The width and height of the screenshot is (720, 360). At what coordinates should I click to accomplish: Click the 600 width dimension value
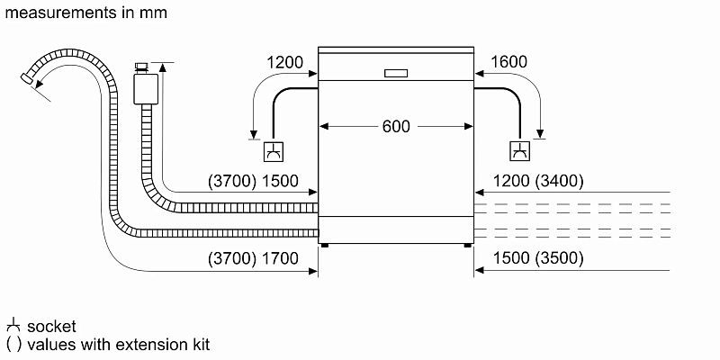click(x=396, y=127)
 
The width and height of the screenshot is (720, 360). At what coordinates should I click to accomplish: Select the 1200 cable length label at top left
click(x=285, y=62)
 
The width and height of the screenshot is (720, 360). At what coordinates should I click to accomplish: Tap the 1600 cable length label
click(x=509, y=62)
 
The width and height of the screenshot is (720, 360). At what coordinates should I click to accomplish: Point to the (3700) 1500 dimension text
click(x=253, y=181)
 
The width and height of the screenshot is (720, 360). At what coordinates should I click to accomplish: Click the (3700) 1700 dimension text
click(x=253, y=259)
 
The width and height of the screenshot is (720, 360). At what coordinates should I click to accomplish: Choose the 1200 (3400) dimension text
click(x=538, y=181)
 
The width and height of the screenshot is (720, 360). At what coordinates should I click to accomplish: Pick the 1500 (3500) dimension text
click(x=538, y=259)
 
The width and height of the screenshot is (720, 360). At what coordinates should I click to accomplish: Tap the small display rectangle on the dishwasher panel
click(x=396, y=74)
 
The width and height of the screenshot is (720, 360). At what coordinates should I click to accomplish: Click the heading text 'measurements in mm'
click(x=85, y=13)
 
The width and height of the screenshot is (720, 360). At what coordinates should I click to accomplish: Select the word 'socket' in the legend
click(x=51, y=326)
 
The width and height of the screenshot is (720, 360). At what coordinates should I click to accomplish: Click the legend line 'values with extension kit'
click(x=117, y=344)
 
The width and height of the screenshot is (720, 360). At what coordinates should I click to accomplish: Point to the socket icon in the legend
click(x=13, y=325)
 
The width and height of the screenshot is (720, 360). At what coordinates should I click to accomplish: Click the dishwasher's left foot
click(x=325, y=244)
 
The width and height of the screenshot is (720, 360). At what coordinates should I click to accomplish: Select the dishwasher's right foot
click(x=467, y=244)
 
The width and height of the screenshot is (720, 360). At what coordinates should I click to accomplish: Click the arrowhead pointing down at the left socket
click(x=254, y=135)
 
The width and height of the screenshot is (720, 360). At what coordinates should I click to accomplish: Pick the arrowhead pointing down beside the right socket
click(x=540, y=135)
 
